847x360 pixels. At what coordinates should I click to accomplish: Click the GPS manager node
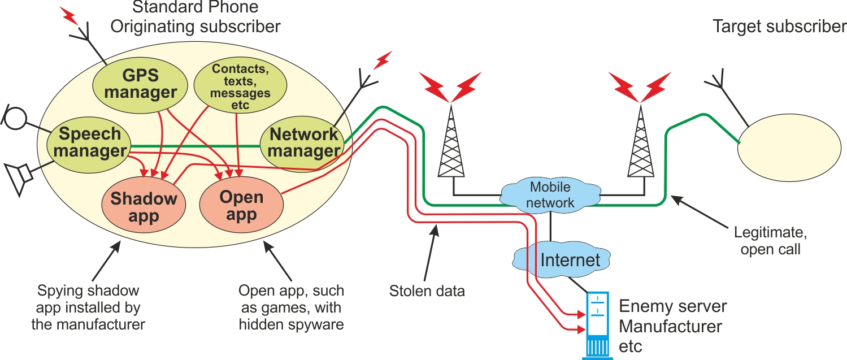pos(141,84)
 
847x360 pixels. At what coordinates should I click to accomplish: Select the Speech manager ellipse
pos(90,142)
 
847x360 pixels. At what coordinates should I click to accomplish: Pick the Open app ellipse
pos(241,206)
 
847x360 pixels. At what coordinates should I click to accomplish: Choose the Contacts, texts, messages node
pos(240,86)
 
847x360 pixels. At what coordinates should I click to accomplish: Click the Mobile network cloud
pos(550,194)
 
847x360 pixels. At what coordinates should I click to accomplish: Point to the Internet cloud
pos(570,259)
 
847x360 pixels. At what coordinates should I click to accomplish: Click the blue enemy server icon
pos(598,325)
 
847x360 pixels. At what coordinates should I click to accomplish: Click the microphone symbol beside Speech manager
pos(16,116)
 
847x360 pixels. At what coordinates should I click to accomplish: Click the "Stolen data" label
pos(427,292)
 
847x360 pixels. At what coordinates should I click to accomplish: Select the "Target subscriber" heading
pos(779,27)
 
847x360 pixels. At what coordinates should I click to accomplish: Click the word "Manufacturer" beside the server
pos(671,326)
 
